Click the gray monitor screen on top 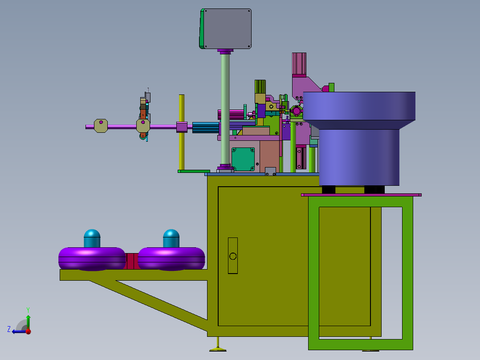[x=227, y=29]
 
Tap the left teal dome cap [x=92, y=238]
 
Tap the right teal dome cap [x=171, y=238]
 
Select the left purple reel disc [x=92, y=259]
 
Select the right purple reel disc [x=171, y=259]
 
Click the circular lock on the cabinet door [x=232, y=256]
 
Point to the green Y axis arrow [x=28, y=322]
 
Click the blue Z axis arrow [x=19, y=331]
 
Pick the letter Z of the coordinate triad [x=9, y=329]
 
